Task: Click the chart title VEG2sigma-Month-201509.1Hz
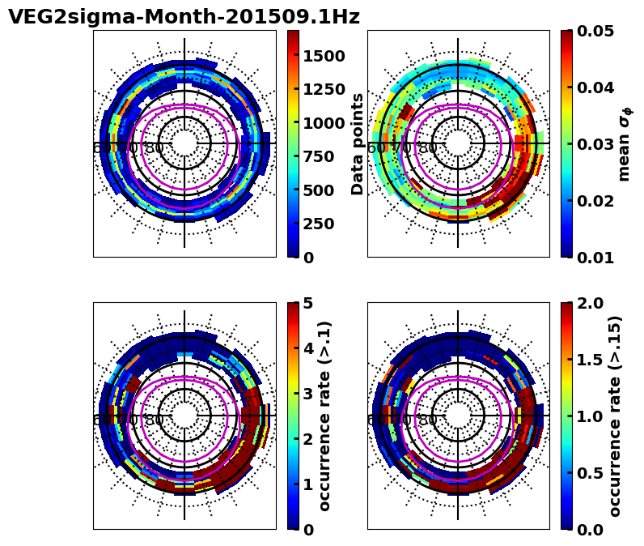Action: [x=184, y=17]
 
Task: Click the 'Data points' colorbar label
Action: [x=358, y=143]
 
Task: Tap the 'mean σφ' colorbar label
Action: [x=624, y=143]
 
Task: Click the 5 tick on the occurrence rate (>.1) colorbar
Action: [x=307, y=303]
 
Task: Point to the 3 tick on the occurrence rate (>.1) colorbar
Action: [x=307, y=394]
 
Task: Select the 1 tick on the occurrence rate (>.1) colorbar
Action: [x=307, y=484]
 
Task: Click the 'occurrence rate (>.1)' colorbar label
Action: [x=325, y=416]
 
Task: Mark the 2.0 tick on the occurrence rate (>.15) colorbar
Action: [x=590, y=303]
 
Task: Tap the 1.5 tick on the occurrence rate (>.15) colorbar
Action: [x=590, y=360]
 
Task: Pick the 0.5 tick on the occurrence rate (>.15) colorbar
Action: [x=590, y=473]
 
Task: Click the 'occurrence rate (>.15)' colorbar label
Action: [x=615, y=416]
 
